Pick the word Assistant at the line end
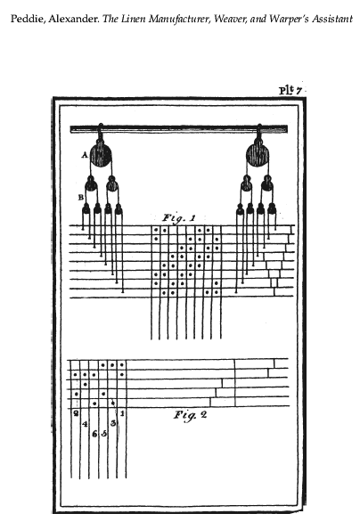point(332,19)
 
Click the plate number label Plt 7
point(290,90)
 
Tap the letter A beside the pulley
point(85,155)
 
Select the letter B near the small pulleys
point(81,197)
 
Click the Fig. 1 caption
point(179,218)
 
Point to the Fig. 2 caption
point(190,415)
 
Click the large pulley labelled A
point(101,154)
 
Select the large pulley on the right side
point(258,155)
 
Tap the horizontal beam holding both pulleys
point(179,129)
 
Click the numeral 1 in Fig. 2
point(122,413)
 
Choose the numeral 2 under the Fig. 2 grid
point(77,412)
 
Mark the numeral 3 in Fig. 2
point(113,423)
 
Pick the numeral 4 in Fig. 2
point(85,423)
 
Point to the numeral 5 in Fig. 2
point(103,433)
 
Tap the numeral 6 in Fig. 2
point(94,433)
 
